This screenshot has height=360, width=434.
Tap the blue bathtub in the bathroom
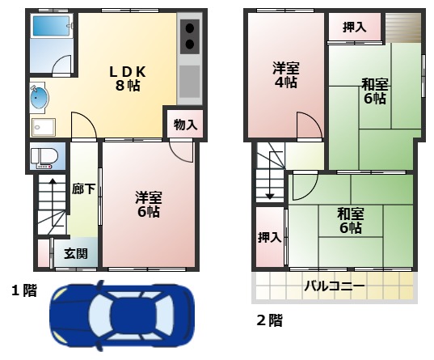(51, 27)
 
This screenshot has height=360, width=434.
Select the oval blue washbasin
(38, 100)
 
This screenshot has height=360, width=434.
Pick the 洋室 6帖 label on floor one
(147, 204)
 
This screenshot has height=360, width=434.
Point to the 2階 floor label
(269, 320)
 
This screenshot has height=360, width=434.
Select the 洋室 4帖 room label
(285, 75)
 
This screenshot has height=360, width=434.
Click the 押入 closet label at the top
(354, 27)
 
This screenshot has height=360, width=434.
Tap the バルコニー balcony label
(334, 286)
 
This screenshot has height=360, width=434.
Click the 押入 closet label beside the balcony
(269, 237)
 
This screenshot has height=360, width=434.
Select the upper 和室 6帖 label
(373, 91)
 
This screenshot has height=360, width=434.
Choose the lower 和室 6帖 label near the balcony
(350, 221)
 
